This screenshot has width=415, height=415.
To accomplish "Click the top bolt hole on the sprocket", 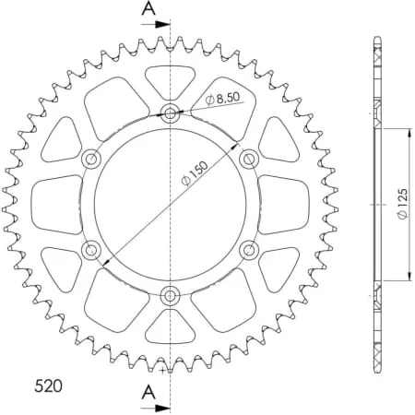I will [x=171, y=114].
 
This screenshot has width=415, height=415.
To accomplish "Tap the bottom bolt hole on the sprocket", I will [x=171, y=295].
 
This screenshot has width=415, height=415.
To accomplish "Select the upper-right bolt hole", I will [x=248, y=160].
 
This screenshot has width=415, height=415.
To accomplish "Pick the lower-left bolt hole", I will [x=92, y=250].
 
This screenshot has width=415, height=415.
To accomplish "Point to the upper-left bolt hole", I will [x=92, y=160].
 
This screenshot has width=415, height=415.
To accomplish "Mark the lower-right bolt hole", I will [x=248, y=250].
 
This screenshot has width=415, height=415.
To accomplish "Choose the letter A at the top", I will [x=148, y=10].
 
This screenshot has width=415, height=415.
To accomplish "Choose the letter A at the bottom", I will [x=148, y=392].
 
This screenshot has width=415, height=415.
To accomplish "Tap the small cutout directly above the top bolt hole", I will [x=171, y=79].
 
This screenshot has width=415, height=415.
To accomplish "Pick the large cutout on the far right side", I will [x=283, y=204].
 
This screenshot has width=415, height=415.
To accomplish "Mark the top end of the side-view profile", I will [x=377, y=39].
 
